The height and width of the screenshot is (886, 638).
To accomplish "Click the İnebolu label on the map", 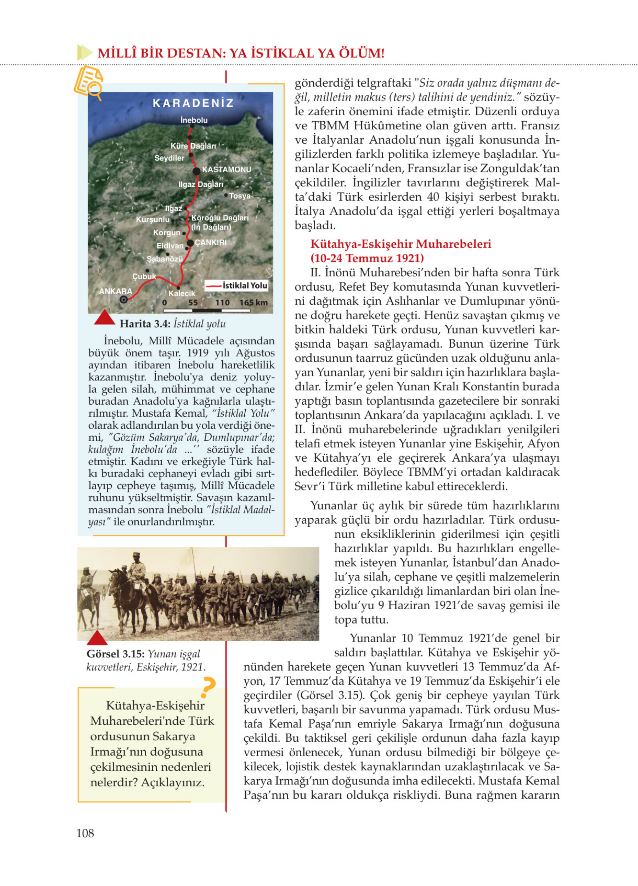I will [194, 120].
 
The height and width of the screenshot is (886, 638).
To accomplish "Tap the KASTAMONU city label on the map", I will [226, 170].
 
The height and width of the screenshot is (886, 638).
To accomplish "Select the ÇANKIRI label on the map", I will [211, 243].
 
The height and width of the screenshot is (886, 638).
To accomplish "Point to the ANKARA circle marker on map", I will [124, 300].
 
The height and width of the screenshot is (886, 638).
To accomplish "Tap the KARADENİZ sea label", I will [193, 103].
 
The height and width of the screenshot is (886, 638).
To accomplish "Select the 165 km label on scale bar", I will [254, 302].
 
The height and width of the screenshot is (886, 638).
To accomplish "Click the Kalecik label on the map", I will [181, 294].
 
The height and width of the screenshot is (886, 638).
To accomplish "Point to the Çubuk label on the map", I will [144, 276].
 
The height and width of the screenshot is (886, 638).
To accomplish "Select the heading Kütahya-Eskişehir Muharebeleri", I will [400, 244].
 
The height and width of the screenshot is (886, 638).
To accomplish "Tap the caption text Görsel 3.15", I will [116, 654].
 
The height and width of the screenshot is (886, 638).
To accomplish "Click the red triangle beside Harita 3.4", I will [104, 318].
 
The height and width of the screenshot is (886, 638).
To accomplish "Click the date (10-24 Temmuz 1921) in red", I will [367, 258].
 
